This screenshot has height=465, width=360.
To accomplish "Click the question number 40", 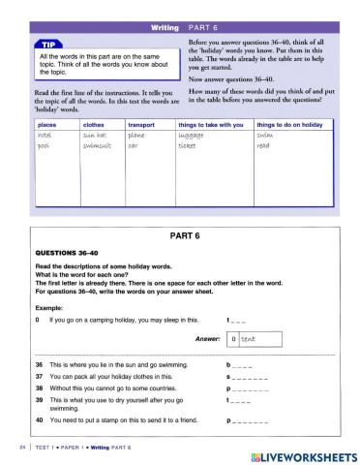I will pyautogui.click(x=38, y=421).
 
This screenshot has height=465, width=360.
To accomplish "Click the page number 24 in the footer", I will pyautogui.click(x=10, y=448).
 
